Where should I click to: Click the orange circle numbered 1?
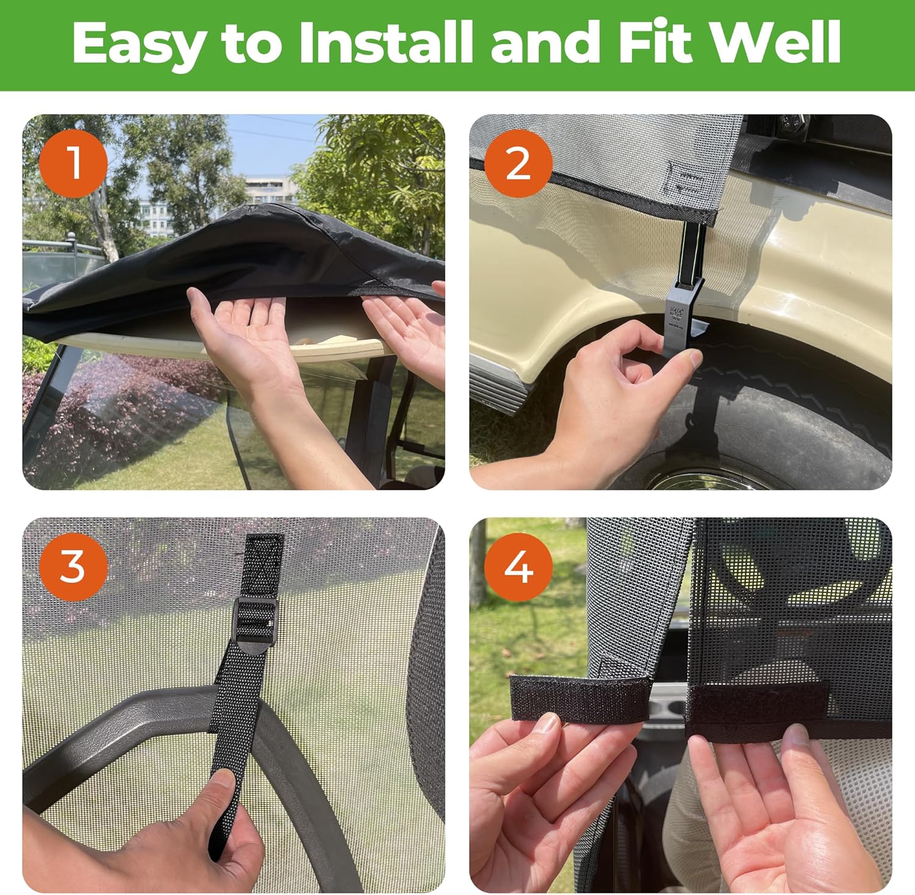click(73, 163)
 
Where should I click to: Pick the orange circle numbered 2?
click(518, 163)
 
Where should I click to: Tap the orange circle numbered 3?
click(73, 567)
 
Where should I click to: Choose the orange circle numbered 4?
click(518, 567)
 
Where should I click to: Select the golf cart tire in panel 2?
click(793, 397)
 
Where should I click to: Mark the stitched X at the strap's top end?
click(264, 558)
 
